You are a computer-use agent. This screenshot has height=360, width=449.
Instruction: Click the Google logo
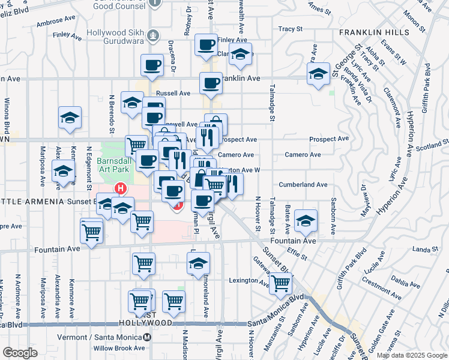point(20,353)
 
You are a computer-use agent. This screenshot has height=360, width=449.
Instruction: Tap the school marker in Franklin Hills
point(318,74)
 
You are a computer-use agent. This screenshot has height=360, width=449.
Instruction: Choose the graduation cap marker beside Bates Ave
point(306,221)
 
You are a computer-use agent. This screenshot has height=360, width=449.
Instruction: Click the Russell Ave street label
point(173,94)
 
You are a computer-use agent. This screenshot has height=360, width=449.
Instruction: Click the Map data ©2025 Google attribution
point(411,355)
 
